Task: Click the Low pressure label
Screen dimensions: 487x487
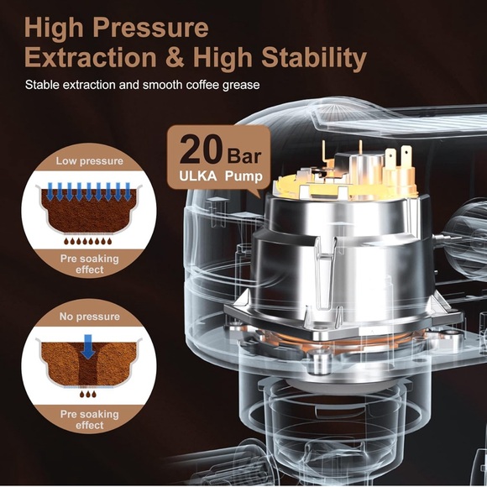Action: pyautogui.click(x=89, y=160)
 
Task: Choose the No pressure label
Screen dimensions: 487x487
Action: pyautogui.click(x=89, y=317)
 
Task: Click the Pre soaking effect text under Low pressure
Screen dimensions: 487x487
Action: pyautogui.click(x=89, y=264)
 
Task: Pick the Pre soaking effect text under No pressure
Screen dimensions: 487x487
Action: pyautogui.click(x=89, y=420)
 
